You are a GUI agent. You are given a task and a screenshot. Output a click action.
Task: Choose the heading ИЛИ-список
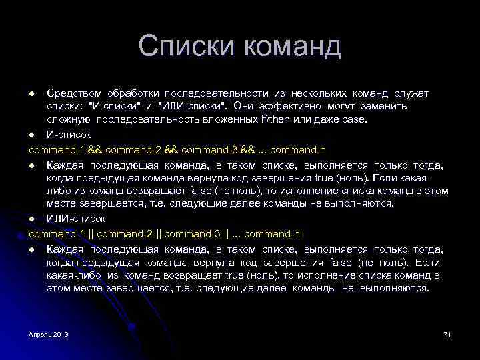pos(77,218)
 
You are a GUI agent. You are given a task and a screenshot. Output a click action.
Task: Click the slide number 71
pos(447,333)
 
